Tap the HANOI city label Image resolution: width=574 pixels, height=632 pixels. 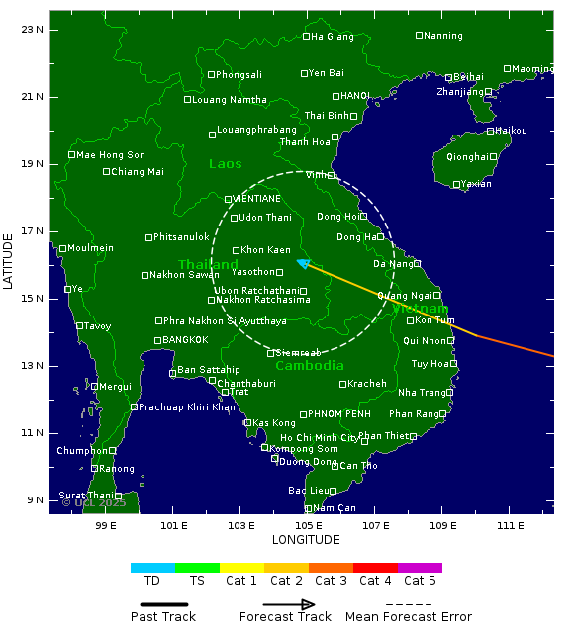(x=355, y=96)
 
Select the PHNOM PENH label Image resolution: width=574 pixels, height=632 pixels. (x=338, y=414)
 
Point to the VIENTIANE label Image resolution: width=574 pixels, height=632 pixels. (x=257, y=199)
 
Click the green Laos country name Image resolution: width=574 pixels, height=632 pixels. (x=225, y=164)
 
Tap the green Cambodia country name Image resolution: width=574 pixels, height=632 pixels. (x=310, y=366)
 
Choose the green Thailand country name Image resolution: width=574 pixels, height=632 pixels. (x=208, y=265)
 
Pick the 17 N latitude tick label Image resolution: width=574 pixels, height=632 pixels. (x=33, y=231)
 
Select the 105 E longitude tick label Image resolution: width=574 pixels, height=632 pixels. (x=308, y=524)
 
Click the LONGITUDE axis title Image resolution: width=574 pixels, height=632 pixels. (x=306, y=540)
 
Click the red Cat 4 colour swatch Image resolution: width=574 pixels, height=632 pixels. (x=375, y=568)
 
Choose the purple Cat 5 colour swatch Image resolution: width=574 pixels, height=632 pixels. (x=420, y=568)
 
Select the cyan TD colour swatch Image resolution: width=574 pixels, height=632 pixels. (x=152, y=568)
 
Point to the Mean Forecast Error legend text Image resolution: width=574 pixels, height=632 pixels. (x=409, y=617)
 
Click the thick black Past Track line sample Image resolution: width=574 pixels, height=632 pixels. (x=158, y=604)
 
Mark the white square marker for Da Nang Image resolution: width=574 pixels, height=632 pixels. (x=417, y=264)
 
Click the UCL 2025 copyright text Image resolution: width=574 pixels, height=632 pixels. (x=94, y=502)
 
